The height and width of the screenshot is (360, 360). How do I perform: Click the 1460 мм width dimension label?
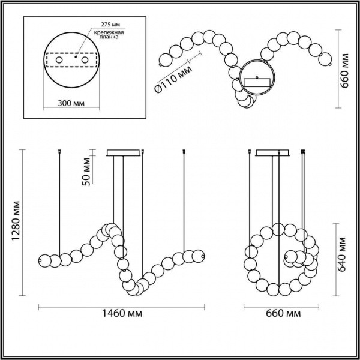pos(122,313)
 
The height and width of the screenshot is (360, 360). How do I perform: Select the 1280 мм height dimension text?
pos(16,221)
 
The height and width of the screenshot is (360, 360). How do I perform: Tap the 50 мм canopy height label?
pos(86,172)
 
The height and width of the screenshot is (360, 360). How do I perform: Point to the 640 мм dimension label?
pos(341,254)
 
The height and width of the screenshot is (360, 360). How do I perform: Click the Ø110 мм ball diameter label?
pos(173,79)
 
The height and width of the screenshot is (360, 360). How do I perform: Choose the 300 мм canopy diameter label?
pos(71,103)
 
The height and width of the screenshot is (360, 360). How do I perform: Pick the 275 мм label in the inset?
pos(110,25)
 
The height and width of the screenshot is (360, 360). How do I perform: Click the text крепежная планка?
pos(109,34)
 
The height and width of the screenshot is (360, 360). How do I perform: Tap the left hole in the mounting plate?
pos(59,60)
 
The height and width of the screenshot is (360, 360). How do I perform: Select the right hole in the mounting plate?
pos(85,60)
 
